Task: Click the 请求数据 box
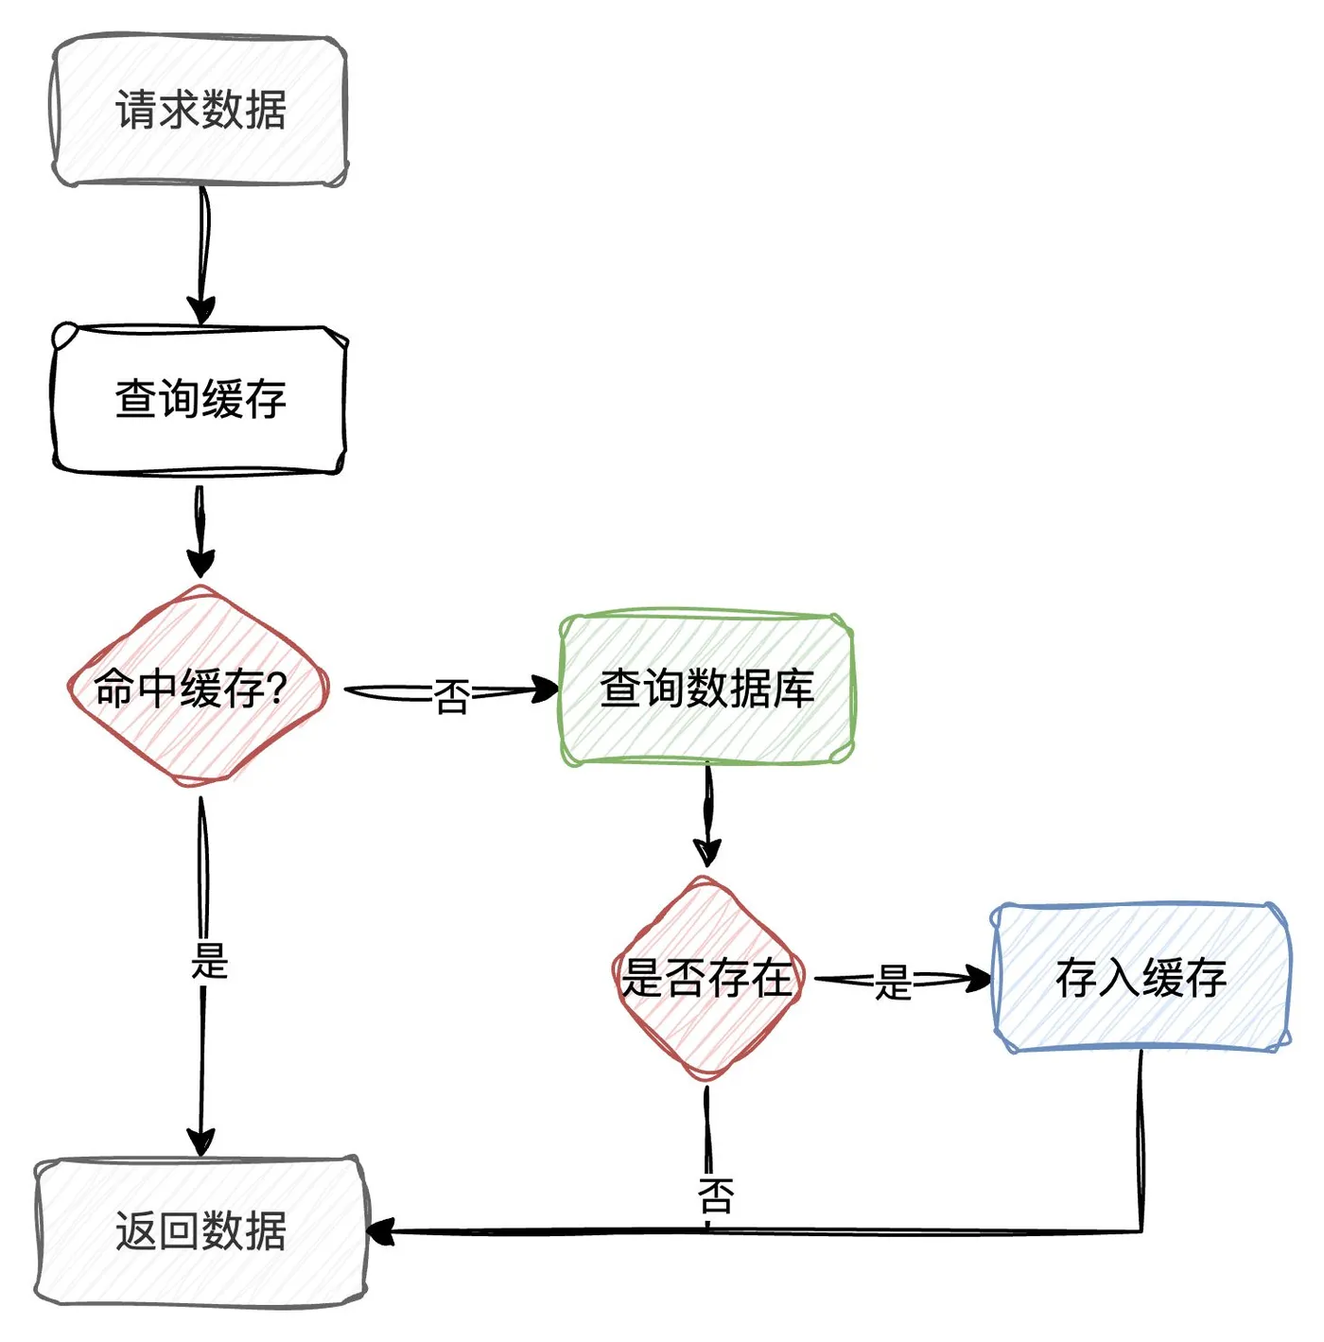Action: click(200, 111)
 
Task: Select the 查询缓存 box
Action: click(200, 399)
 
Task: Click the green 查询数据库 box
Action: click(706, 688)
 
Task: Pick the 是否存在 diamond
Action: click(707, 978)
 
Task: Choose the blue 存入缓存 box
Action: click(1141, 978)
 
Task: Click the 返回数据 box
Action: click(200, 1231)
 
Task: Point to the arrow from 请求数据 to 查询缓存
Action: click(201, 251)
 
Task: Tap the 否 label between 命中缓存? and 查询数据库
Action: click(452, 698)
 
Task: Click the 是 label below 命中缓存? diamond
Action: click(209, 961)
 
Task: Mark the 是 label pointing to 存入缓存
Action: click(893, 984)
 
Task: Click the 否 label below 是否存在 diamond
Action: click(716, 1195)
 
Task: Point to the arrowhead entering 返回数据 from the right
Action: click(380, 1232)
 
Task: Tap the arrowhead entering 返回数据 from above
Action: click(201, 1142)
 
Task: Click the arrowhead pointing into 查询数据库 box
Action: click(545, 689)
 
